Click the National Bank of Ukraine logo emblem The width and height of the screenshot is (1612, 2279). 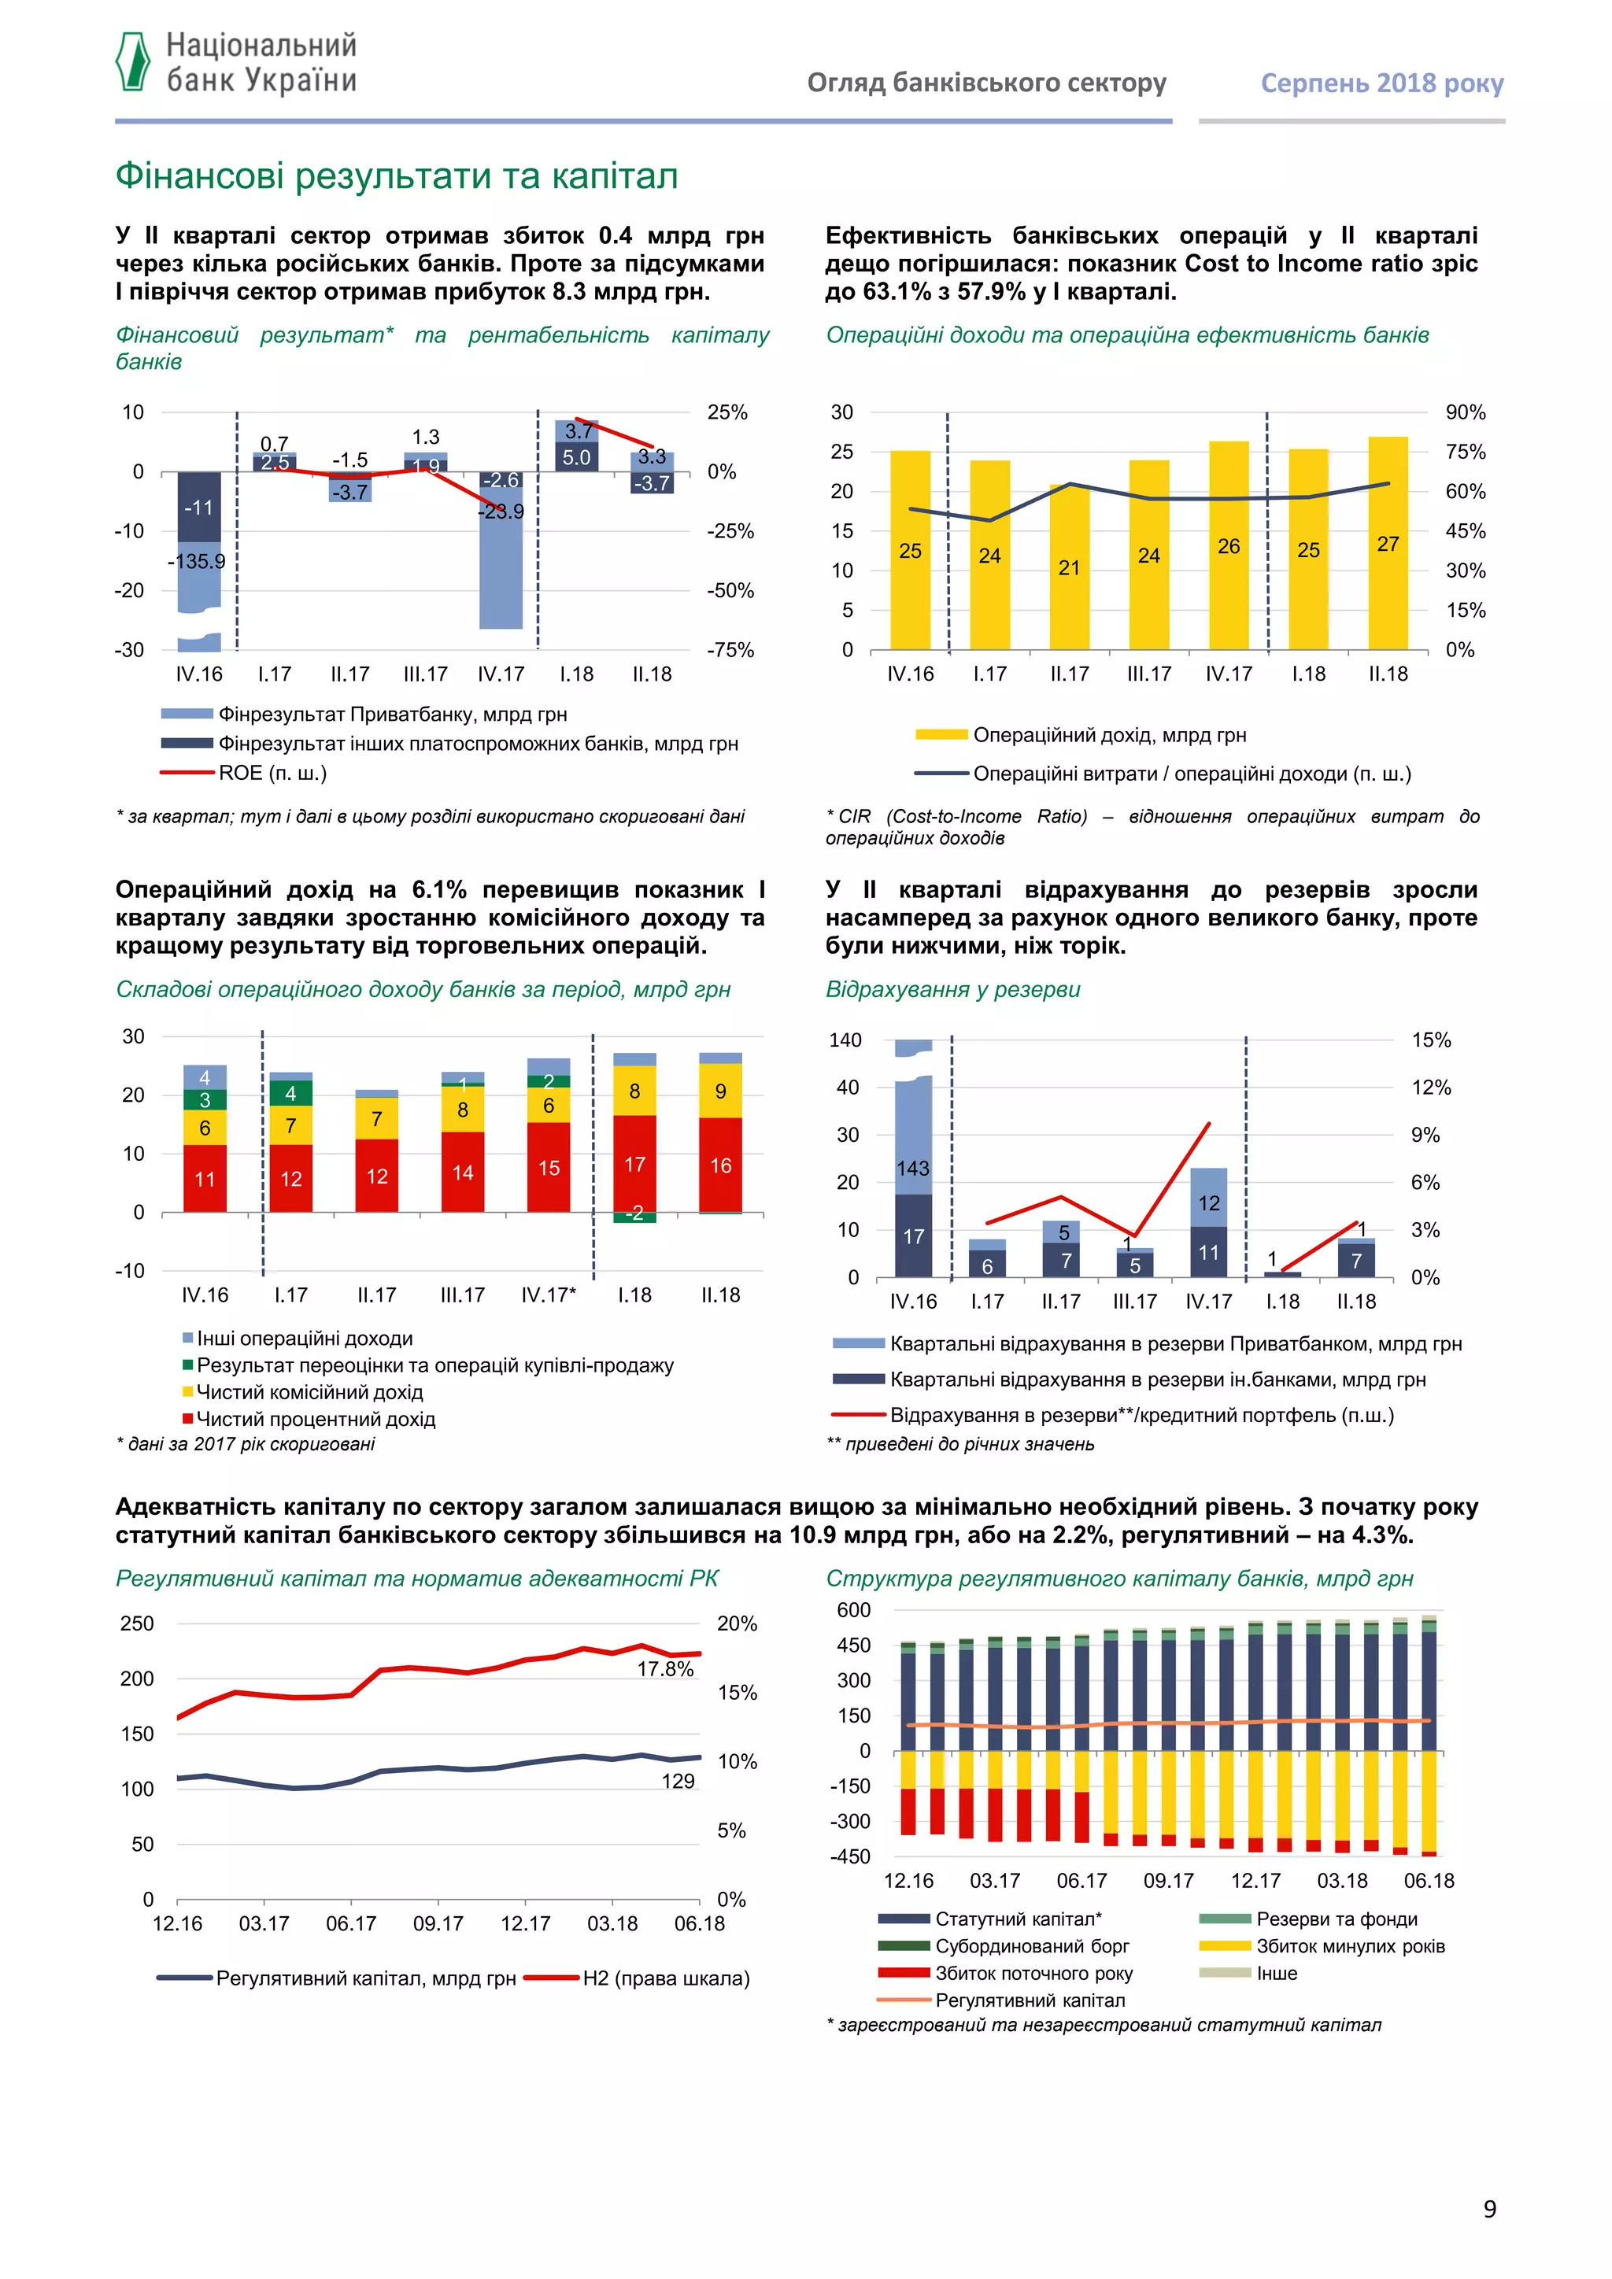133,61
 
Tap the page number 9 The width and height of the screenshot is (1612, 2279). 1489,2208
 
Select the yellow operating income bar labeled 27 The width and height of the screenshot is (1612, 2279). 1388,543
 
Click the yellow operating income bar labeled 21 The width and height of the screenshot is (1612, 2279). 1069,567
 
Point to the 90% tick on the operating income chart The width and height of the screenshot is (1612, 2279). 1465,412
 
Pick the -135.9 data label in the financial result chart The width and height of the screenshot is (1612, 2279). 197,562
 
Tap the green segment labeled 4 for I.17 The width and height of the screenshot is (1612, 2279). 290,1093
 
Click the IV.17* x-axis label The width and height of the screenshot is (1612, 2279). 548,1295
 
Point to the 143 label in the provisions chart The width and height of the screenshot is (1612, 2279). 913,1169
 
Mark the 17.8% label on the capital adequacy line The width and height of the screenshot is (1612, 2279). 665,1670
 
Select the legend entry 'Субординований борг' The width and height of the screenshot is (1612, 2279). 1031,1945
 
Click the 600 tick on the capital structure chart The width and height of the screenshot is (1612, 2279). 854,1610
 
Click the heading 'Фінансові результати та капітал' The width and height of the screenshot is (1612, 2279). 397,177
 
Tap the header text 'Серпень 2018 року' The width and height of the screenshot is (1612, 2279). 1381,83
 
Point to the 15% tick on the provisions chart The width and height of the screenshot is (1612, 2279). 1430,1040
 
